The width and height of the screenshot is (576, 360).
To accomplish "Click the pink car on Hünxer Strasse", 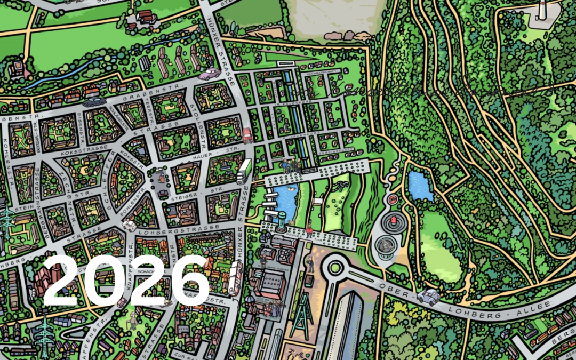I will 210,74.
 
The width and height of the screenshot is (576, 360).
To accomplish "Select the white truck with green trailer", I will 244,171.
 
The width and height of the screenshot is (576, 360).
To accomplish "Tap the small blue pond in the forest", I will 420,186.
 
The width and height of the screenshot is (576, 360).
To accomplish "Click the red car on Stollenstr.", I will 247,135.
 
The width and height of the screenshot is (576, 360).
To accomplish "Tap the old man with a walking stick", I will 132,321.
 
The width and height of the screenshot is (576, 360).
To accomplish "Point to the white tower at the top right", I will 542,11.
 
